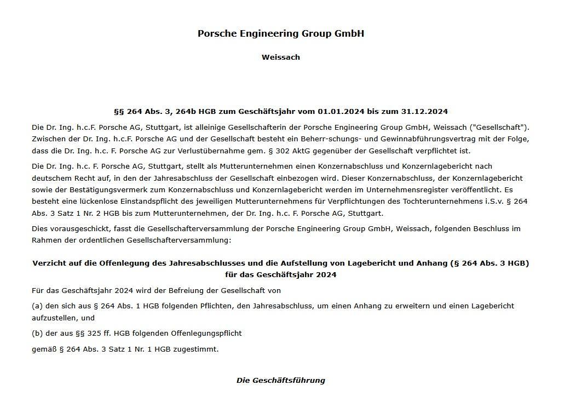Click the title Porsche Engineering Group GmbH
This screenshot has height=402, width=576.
280,33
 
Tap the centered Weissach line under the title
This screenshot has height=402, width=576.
280,57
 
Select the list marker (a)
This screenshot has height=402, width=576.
37,306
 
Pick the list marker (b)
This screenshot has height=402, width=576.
37,334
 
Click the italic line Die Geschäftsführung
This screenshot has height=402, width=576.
280,381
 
